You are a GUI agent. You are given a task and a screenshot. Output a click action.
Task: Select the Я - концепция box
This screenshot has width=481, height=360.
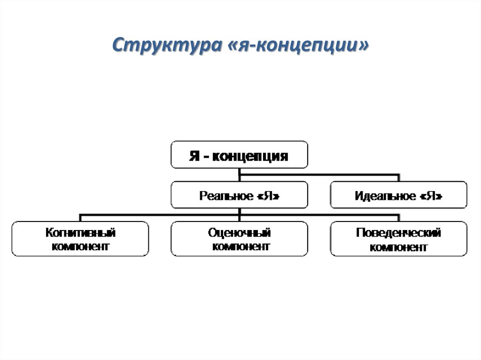tap(239, 154)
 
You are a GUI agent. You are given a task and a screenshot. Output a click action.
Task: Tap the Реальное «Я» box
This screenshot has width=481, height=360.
tap(239, 195)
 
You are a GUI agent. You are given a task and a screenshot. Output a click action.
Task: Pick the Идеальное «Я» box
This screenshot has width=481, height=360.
tap(399, 195)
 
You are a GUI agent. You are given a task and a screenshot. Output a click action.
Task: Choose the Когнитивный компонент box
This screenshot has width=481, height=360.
tap(80, 239)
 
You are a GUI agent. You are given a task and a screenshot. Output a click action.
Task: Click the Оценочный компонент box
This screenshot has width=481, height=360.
tap(239, 239)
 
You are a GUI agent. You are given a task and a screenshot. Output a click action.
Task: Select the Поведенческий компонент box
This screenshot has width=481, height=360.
tap(399, 239)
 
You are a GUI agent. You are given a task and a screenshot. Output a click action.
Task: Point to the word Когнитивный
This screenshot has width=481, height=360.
tap(80, 232)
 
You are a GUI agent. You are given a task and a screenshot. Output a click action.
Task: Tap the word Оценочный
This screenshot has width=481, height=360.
tap(240, 232)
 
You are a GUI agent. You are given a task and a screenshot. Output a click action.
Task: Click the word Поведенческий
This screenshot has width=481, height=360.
tap(399, 232)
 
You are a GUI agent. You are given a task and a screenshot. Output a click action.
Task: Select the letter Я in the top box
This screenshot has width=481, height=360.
tap(194, 155)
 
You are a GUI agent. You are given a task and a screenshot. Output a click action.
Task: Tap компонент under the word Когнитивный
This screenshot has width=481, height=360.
tap(80, 246)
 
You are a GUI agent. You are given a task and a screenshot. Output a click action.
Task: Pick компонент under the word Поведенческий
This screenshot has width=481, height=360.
tap(399, 246)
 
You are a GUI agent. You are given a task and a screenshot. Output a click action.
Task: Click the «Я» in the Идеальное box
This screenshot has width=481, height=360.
tap(432, 196)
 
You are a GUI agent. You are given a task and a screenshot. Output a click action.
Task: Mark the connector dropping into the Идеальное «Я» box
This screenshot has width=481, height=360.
tap(399, 178)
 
